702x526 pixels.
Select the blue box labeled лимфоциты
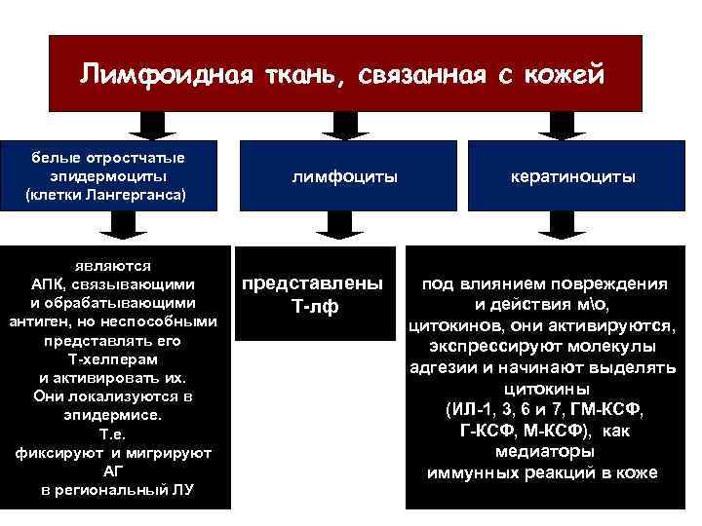344,177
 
